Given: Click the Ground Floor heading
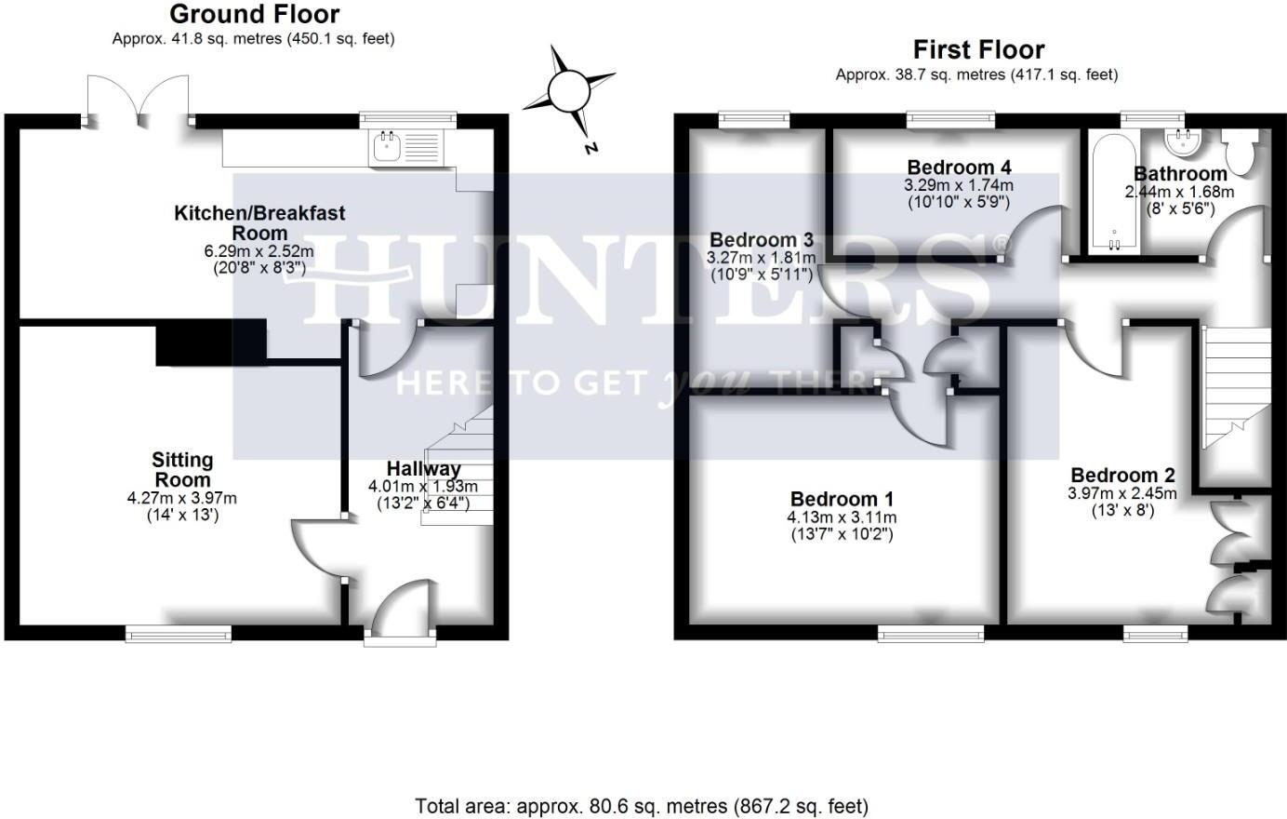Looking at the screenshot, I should point(254,15).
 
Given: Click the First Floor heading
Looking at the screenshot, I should point(978,49).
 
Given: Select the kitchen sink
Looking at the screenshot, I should point(386,147).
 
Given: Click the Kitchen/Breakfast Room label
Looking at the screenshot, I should point(259,222).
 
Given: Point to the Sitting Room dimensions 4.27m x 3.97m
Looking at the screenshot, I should point(182,498).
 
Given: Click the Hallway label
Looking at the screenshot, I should point(423,468).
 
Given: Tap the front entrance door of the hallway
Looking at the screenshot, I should point(400,614).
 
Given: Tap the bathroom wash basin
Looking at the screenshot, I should point(1184,142).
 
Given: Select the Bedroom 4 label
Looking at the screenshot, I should point(959,168).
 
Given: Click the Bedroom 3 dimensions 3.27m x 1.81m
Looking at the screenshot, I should point(762,258).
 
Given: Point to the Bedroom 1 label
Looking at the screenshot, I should point(842,499).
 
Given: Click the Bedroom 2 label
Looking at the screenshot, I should point(1122,476).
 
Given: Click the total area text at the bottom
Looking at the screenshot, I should point(642,806).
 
